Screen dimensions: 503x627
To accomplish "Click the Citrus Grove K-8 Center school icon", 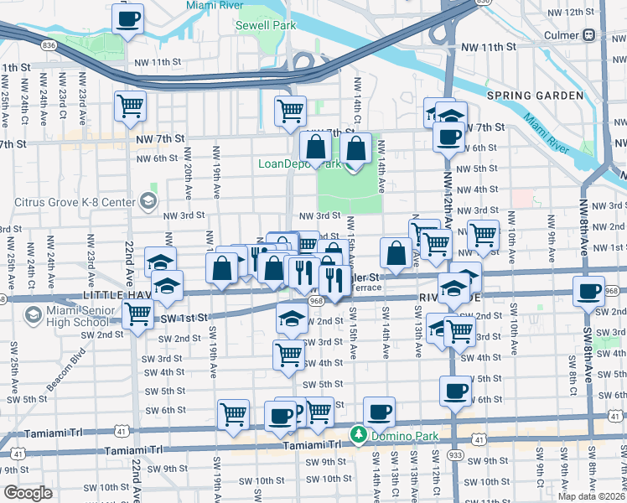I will point(148,200).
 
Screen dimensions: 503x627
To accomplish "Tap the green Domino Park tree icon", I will point(358,434).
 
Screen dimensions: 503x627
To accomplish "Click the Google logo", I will point(28,492).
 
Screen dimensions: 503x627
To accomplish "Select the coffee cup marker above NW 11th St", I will point(128,18).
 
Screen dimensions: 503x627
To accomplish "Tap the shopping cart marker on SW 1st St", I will point(137,314).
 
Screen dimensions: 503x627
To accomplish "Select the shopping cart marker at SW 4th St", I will point(289,354).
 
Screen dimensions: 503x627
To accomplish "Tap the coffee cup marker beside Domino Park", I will point(381,412).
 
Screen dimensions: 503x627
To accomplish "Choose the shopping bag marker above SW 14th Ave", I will point(396,252).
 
